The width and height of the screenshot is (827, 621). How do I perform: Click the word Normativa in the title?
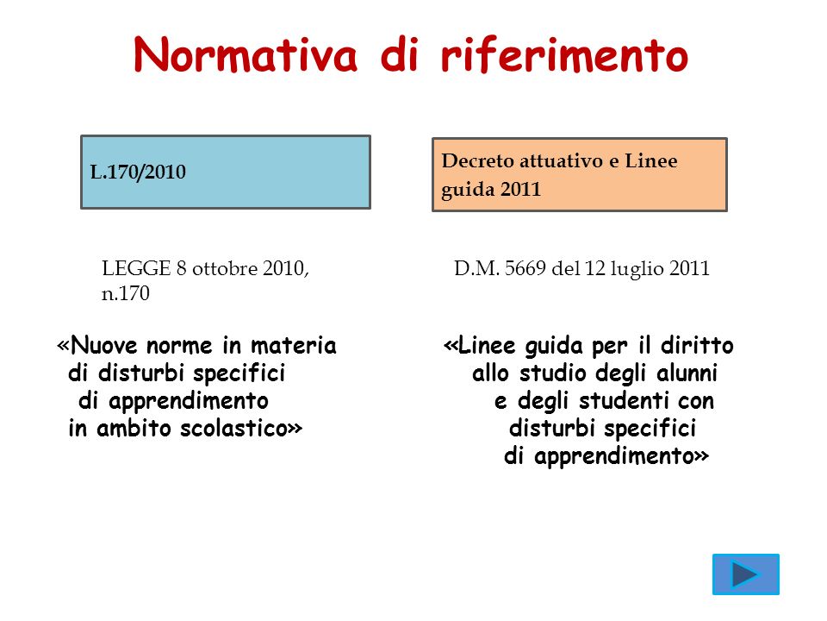(x=246, y=54)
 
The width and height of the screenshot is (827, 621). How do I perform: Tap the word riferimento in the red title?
(x=564, y=54)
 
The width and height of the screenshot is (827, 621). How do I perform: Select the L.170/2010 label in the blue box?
(x=138, y=172)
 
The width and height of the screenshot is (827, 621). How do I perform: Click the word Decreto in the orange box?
(x=477, y=160)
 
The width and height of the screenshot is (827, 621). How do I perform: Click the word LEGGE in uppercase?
(x=137, y=268)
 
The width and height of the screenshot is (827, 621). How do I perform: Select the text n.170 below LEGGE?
(x=126, y=293)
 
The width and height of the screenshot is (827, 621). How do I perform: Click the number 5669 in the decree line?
(x=525, y=268)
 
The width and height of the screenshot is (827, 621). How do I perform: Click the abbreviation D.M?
(x=476, y=268)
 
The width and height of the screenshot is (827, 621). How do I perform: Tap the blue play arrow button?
(x=746, y=574)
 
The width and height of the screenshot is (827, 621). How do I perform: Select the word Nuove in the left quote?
(x=104, y=346)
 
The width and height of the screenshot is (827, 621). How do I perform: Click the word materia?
(x=293, y=346)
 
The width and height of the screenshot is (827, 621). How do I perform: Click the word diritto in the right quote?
(x=697, y=346)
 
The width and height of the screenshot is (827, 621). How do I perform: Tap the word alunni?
(x=687, y=373)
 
